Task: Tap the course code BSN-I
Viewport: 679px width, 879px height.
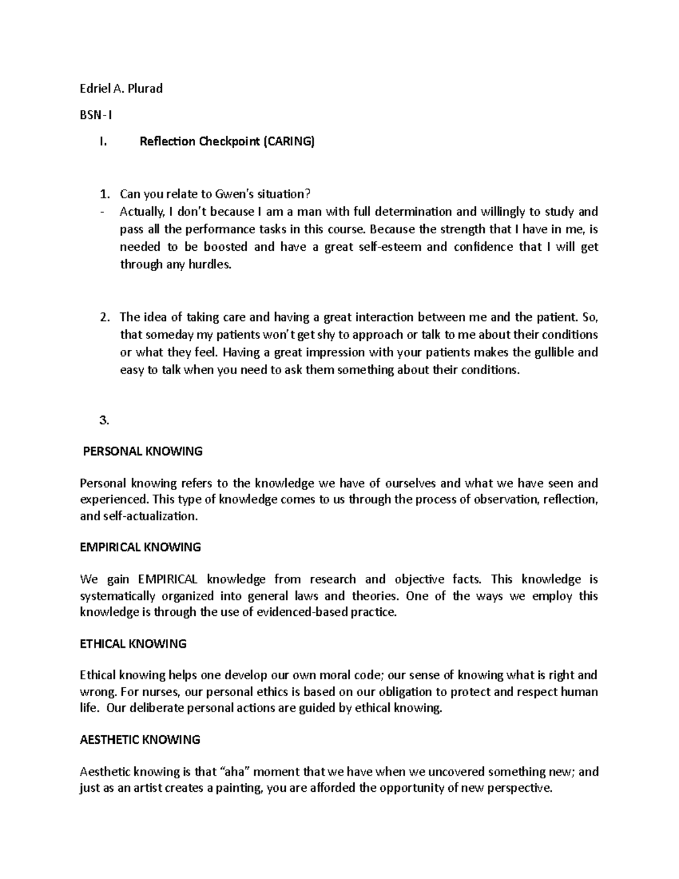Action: (96, 115)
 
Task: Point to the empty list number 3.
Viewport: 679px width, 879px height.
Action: (103, 420)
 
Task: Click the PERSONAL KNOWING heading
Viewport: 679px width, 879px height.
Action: (143, 451)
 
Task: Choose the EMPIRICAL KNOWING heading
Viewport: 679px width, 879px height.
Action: (140, 547)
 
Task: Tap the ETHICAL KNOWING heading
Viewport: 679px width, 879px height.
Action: (133, 644)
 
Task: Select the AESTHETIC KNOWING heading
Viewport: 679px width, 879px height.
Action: (140, 740)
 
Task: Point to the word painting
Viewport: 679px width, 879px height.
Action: (236, 788)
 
